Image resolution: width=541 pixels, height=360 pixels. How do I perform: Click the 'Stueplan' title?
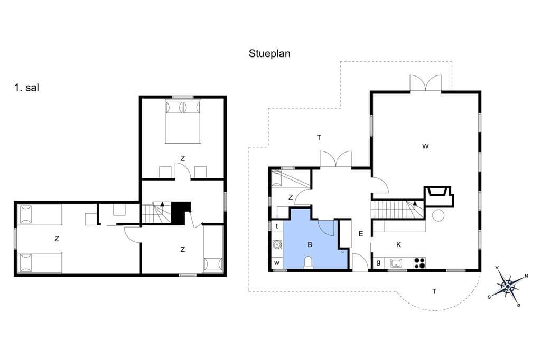click(x=269, y=54)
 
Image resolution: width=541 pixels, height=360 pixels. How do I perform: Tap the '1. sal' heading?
click(x=26, y=88)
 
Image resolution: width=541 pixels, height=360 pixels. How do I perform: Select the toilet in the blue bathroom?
click(x=309, y=262)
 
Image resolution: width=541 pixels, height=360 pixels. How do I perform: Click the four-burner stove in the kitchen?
click(x=419, y=263)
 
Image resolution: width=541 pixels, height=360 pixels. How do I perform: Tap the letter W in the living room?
click(x=425, y=146)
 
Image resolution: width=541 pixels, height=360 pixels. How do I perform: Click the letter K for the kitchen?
click(x=399, y=245)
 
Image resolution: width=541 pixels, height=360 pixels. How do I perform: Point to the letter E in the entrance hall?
click(x=361, y=234)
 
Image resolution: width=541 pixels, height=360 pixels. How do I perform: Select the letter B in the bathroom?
click(x=310, y=245)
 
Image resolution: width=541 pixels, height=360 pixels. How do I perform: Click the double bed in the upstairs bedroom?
click(x=183, y=121)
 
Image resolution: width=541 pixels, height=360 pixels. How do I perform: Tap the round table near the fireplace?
click(x=438, y=215)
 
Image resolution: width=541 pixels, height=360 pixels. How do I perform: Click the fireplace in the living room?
click(x=438, y=196)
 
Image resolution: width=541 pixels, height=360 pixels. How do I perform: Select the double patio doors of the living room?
click(x=425, y=83)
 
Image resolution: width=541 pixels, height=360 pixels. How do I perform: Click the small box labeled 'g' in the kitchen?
click(x=378, y=263)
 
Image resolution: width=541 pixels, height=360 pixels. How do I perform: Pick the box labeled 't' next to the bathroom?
click(x=277, y=226)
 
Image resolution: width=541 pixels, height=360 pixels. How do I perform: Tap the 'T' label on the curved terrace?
click(x=434, y=291)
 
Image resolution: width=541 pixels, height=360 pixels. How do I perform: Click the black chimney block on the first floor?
click(x=181, y=212)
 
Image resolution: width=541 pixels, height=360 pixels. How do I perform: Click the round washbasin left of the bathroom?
click(x=277, y=245)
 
